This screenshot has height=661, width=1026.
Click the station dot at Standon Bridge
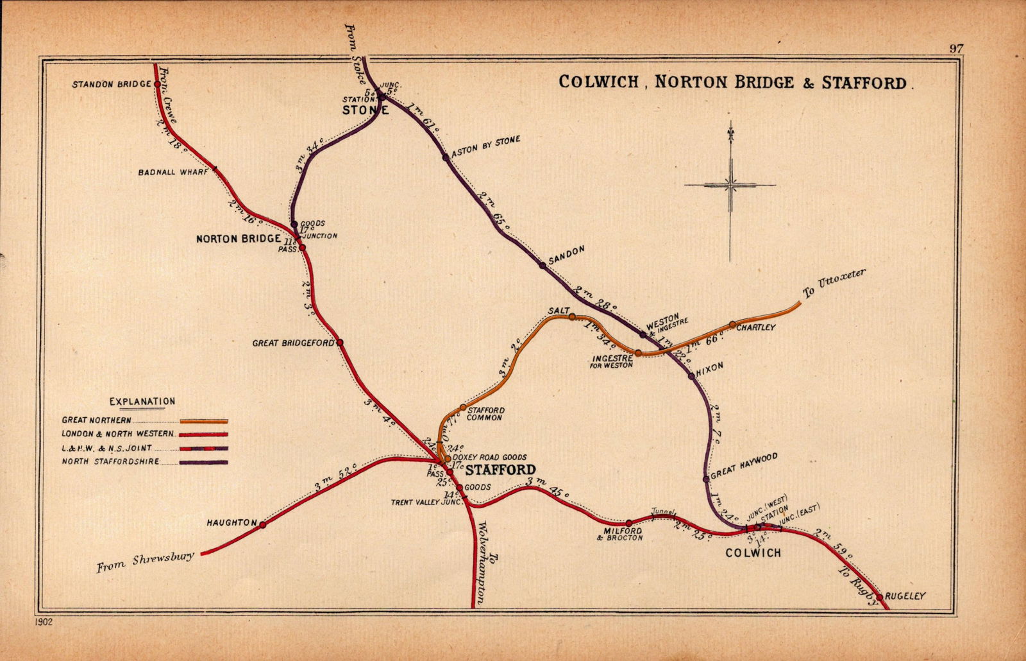tap(157, 83)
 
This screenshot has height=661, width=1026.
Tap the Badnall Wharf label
tap(173, 172)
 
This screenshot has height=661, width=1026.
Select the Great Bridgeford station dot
tap(340, 343)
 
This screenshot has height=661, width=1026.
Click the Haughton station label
tap(231, 523)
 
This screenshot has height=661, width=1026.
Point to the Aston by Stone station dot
tap(446, 157)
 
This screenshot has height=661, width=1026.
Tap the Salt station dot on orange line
tap(572, 316)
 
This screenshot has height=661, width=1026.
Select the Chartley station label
tap(756, 327)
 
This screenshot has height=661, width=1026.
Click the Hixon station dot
tap(691, 375)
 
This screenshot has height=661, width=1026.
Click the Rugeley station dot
tap(879, 597)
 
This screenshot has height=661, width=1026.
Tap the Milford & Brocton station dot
tap(629, 523)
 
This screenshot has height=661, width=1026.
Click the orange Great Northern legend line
tap(204, 421)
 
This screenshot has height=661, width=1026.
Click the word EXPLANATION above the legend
tap(142, 402)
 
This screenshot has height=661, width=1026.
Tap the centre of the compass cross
tap(730, 185)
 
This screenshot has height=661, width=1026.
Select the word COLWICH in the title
tap(598, 82)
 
